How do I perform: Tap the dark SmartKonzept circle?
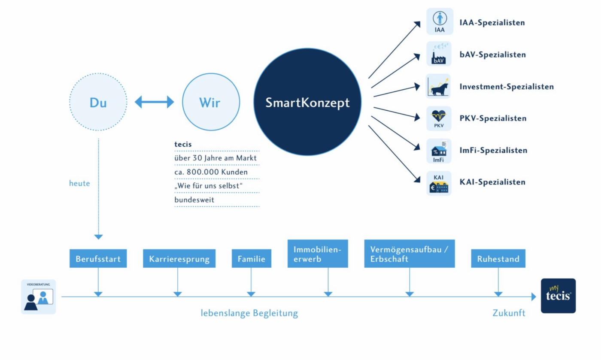307,102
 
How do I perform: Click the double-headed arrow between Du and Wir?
154,102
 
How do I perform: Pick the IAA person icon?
440,21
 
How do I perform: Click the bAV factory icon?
439,54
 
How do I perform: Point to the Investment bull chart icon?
438,86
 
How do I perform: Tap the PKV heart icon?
439,118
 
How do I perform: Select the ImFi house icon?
439,151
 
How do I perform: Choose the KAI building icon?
439,183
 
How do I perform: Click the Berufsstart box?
98,258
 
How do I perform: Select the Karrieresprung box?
179,258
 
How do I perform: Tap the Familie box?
252,258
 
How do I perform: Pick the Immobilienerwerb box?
318,254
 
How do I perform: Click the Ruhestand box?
498,258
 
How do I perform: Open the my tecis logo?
559,296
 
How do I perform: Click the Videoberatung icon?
39,296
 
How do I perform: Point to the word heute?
79,183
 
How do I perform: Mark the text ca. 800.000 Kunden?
211,172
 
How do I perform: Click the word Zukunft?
509,313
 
